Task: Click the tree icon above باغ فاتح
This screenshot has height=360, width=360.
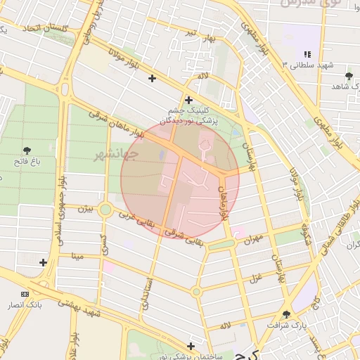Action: point(27,150)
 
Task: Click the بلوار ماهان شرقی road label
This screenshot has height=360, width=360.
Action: point(116,124)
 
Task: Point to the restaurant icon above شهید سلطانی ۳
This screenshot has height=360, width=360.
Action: point(307,54)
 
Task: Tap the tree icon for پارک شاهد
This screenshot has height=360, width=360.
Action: point(349,75)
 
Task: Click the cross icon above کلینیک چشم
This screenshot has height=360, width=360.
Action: point(188,100)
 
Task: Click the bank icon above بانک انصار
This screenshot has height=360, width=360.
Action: point(25,294)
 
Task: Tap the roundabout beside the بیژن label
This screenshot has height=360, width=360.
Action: point(105,209)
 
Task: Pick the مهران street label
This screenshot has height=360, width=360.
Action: point(252,240)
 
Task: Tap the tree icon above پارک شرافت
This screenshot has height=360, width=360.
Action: point(286,314)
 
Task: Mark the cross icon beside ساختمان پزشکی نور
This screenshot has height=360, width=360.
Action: point(191,345)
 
